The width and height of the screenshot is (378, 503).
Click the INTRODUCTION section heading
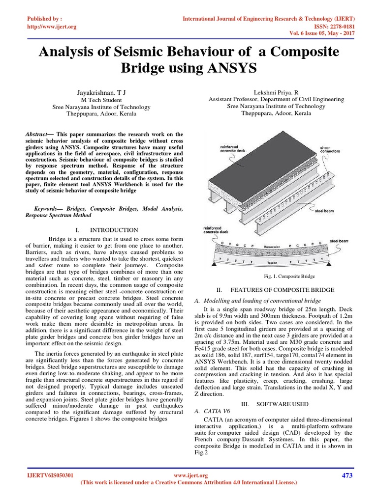(x=114, y=230)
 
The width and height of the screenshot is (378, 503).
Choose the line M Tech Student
(x=101, y=99)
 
